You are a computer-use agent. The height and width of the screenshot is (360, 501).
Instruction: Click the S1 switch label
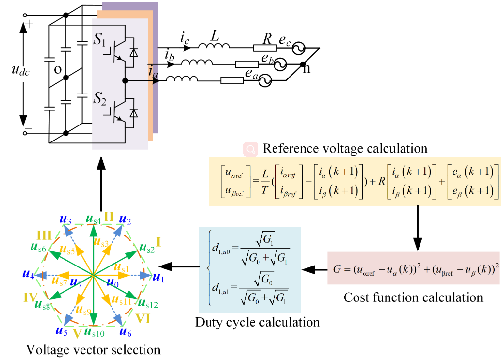(x=101, y=40)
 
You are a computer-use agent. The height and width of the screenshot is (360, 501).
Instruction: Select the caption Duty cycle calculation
(x=257, y=322)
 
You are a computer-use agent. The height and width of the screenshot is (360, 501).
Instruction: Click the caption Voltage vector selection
(x=93, y=349)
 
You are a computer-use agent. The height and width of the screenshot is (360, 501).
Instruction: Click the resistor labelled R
(x=265, y=47)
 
